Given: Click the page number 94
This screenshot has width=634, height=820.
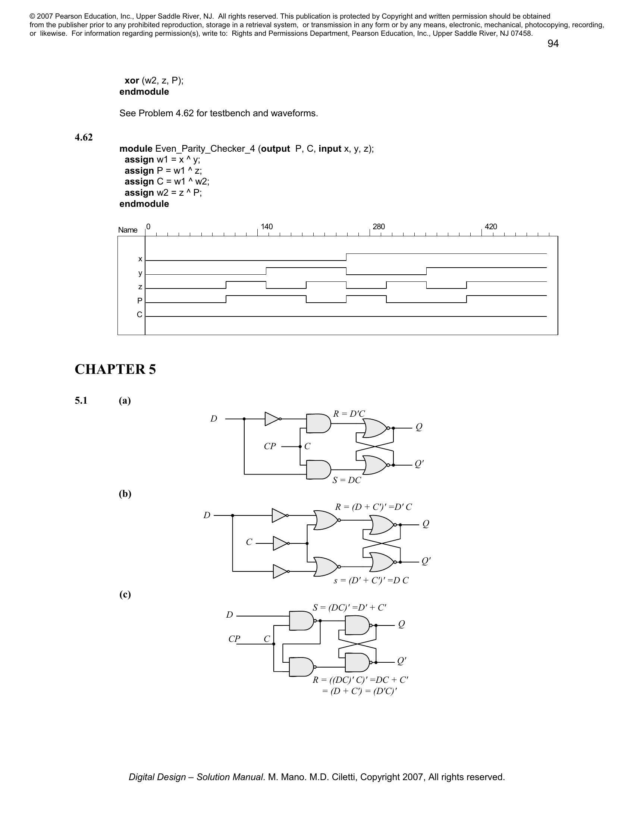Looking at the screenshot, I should [553, 44].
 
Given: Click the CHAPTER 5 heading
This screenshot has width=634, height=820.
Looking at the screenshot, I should [115, 369].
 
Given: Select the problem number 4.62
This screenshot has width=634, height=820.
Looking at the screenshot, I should [84, 138].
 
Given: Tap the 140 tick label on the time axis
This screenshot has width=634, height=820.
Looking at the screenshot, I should [267, 227].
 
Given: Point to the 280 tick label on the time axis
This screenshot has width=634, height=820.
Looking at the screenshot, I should [379, 227].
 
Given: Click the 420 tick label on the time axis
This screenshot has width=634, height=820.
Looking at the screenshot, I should [490, 227].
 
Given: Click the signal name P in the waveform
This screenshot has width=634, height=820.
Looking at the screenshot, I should [140, 301].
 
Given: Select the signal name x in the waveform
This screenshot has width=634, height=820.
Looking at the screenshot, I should [140, 259].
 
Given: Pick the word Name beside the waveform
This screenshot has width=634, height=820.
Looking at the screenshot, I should [128, 230].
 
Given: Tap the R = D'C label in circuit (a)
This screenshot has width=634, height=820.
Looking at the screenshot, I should [349, 414].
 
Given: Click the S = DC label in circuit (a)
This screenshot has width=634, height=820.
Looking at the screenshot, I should [346, 480].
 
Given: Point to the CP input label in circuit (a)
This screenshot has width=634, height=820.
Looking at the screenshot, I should [270, 446].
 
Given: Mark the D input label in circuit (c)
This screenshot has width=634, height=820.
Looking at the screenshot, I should [229, 615].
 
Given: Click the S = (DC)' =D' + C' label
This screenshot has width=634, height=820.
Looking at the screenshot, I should [349, 608].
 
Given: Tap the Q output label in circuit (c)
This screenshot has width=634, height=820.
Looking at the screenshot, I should [401, 624].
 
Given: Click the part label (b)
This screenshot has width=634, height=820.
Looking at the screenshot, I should [125, 494].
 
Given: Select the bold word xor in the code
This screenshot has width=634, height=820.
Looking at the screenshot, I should [132, 81].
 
